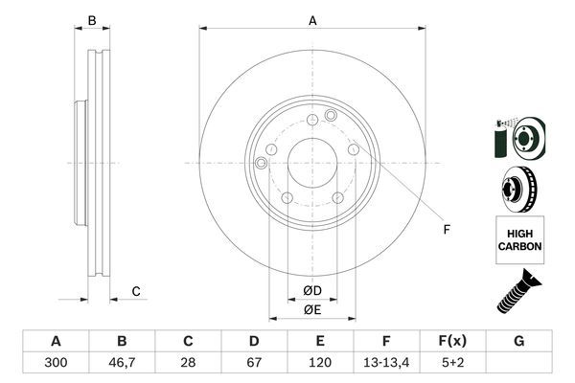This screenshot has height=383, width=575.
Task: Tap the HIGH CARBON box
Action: click(x=519, y=239)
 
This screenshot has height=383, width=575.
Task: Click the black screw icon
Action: click(x=518, y=293)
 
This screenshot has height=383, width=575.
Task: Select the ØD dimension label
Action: click(x=312, y=290)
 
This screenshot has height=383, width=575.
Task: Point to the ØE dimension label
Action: click(x=312, y=309)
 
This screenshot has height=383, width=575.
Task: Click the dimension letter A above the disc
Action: click(x=312, y=20)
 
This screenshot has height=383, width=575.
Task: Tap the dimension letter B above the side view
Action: click(x=93, y=20)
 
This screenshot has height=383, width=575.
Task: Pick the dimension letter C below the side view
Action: click(x=136, y=291)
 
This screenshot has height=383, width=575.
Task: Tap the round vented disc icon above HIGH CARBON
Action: click(x=518, y=190)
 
